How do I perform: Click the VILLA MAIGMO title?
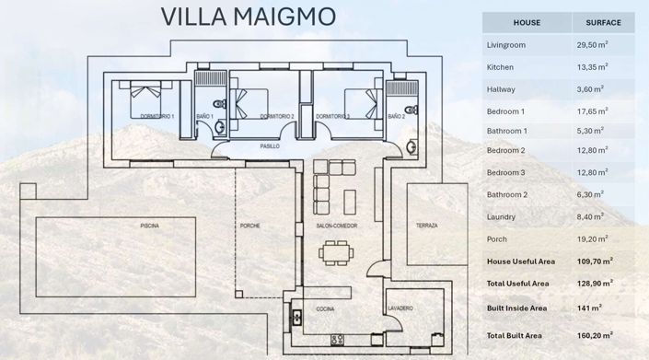coord(249,17)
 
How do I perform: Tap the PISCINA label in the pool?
coord(150,226)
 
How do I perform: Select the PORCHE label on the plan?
coord(249,226)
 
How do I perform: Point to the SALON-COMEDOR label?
coord(336,226)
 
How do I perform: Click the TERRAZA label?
coord(426,226)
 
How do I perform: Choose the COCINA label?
coord(325,308)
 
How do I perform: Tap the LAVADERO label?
coord(400,308)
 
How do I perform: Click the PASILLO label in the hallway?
coord(269,146)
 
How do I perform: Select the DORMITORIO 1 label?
coord(156,117)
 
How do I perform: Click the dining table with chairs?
coord(342,251)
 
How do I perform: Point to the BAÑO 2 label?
coord(396,117)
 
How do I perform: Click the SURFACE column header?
coord(603,22)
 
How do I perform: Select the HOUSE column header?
coord(526,22)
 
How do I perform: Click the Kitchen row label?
coord(500,67)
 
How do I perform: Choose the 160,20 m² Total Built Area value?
coord(594,335)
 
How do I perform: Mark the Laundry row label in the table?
coord(501,216)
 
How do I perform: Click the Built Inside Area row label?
coord(517,307)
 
